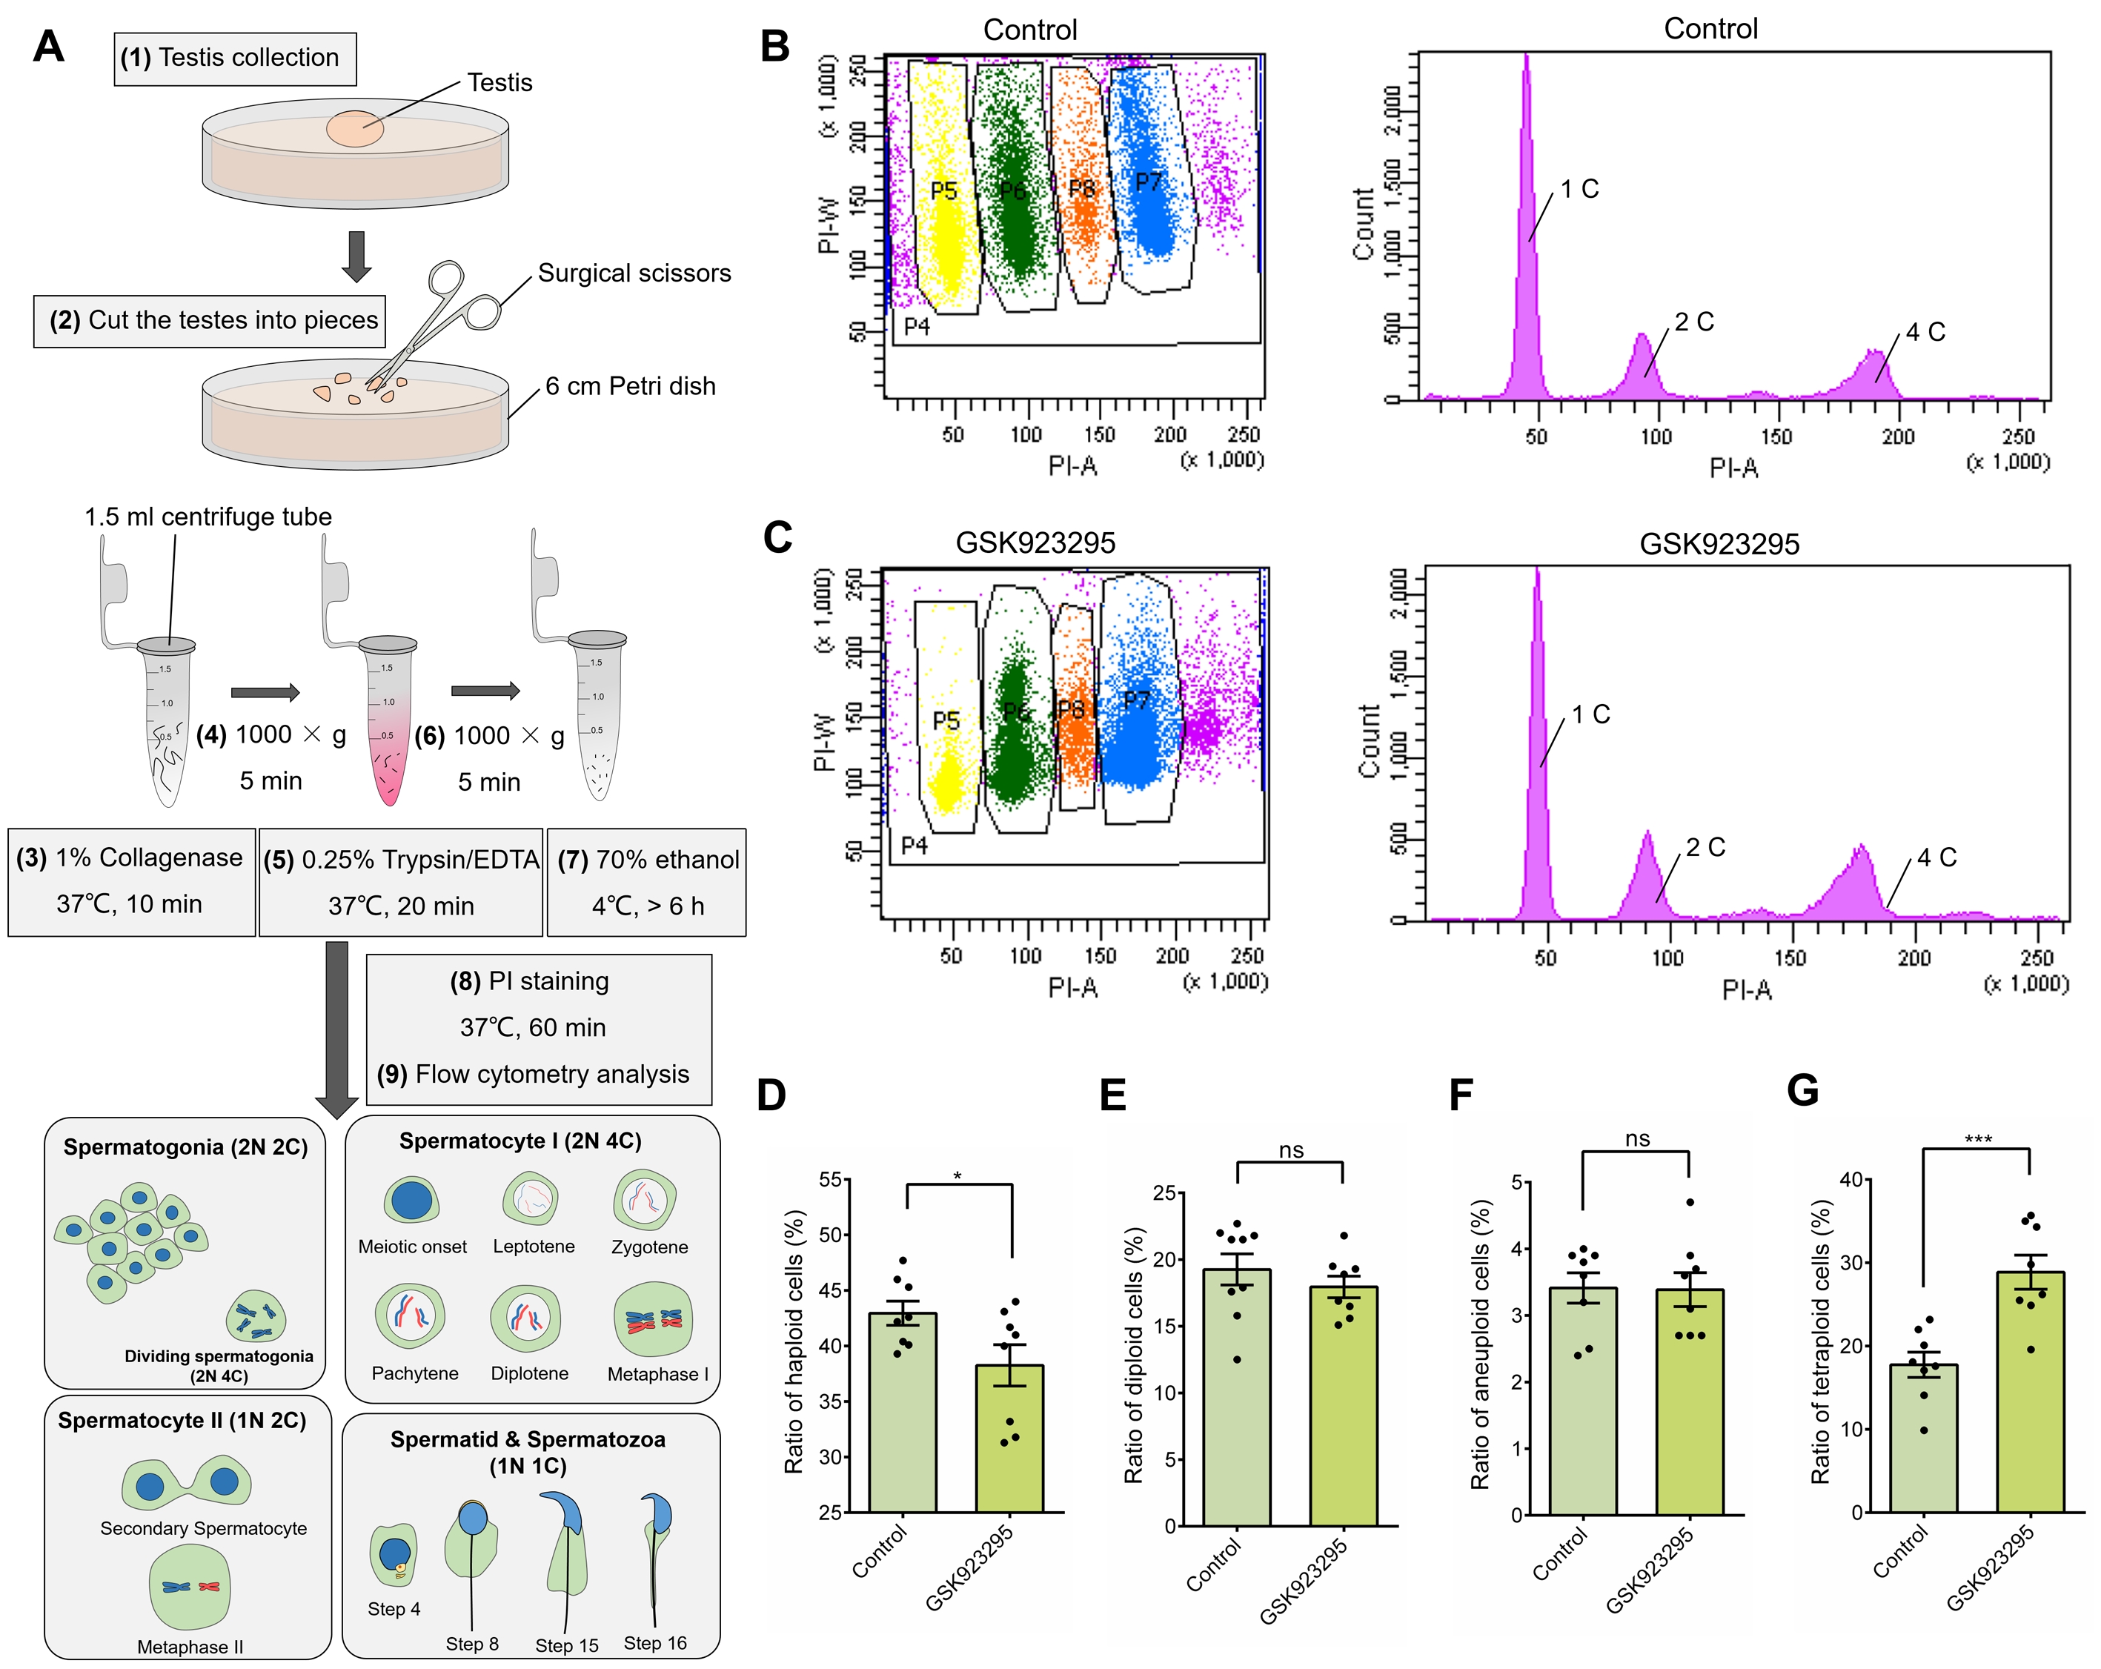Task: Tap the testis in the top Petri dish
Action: click(x=355, y=129)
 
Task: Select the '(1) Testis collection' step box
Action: click(x=235, y=59)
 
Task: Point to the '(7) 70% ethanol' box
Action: click(x=648, y=882)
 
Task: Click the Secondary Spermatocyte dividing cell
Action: click(x=186, y=1483)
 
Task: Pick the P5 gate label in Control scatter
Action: click(x=943, y=191)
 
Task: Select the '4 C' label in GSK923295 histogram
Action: click(x=1936, y=857)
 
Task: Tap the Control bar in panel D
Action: click(x=903, y=1413)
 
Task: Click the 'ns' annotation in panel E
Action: click(x=1290, y=1151)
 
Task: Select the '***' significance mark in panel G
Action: click(x=1977, y=1139)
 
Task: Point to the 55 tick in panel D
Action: click(x=830, y=1180)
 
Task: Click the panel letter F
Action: click(x=1461, y=1095)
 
